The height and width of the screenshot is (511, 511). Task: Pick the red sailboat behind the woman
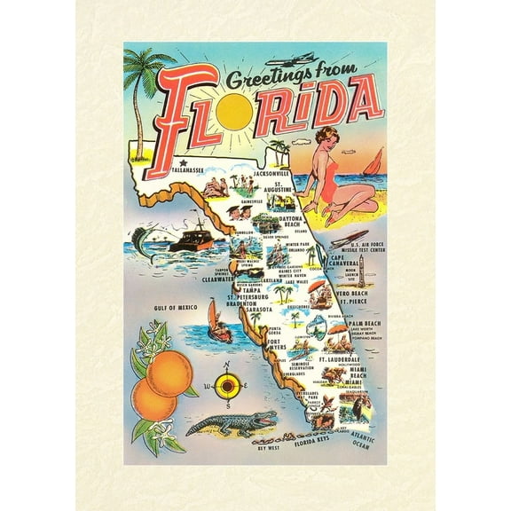(x=374, y=162)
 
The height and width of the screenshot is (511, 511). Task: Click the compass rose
(x=227, y=386)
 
